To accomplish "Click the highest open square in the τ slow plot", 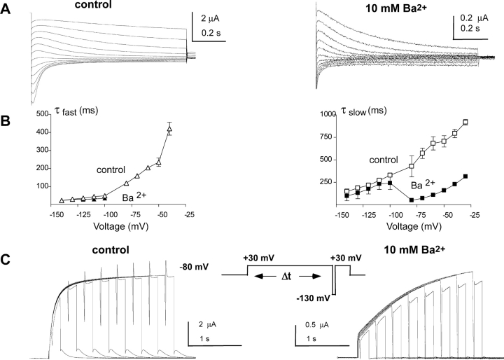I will coord(465,122).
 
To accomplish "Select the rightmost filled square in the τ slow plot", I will coord(465,176).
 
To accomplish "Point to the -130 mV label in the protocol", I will coord(312,298).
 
